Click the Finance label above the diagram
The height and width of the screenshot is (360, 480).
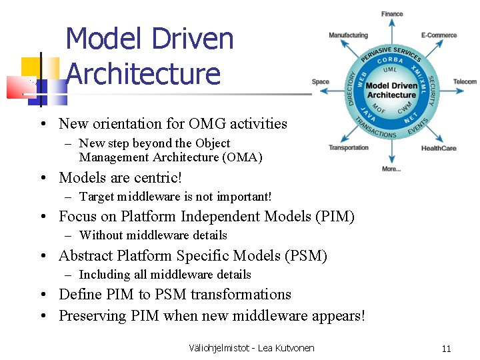coord(392,13)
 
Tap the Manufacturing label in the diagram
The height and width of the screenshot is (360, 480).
coord(348,35)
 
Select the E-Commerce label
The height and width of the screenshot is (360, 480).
coord(439,35)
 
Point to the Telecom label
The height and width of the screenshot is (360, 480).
coord(465,82)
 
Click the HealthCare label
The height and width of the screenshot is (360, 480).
coord(439,148)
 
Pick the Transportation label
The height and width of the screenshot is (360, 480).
coord(349,147)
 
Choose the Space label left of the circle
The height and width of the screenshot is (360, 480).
coord(321,82)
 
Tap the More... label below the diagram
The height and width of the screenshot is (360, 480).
coord(391,169)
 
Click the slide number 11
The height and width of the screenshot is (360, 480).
coord(446,349)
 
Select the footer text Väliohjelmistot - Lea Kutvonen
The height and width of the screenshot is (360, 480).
coord(251,348)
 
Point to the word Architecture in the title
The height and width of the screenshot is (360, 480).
coord(143,74)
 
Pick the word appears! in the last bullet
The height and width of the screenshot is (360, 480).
coord(339,316)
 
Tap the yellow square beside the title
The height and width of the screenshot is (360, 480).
coord(31,67)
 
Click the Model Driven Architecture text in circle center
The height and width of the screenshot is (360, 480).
coord(392,90)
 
